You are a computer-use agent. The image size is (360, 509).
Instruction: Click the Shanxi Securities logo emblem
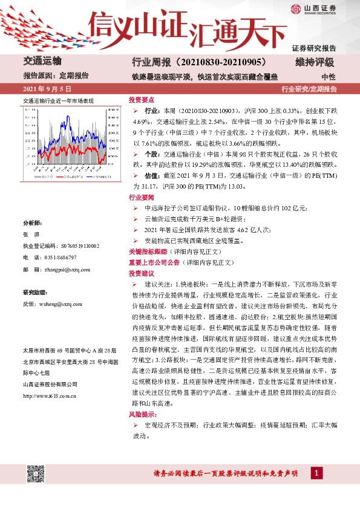coord(295,10)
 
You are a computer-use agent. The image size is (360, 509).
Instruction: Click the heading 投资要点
coord(142,100)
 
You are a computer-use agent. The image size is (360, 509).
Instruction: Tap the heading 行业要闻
coord(142,198)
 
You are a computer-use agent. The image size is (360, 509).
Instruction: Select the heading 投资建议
coord(142,273)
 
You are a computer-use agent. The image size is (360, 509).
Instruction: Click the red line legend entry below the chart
coord(64,177)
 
